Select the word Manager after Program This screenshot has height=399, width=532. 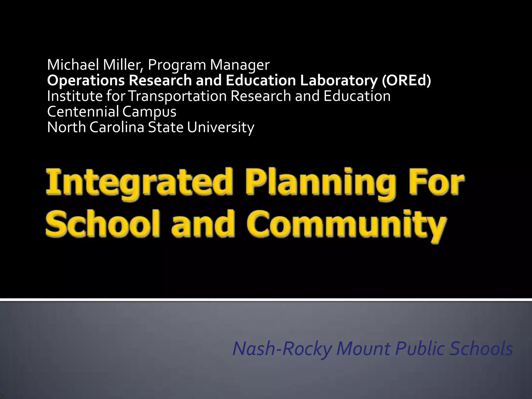[240, 65]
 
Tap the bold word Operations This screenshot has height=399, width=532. [86, 81]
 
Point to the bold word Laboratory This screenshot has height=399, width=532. [338, 81]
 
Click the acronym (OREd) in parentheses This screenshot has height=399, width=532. [407, 81]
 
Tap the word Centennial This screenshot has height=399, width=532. [83, 112]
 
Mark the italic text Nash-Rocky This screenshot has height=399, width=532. [282, 349]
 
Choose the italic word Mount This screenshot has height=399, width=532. [363, 349]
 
